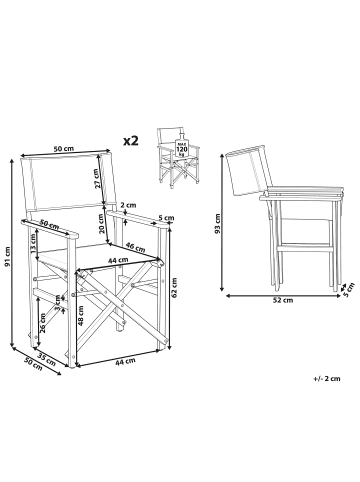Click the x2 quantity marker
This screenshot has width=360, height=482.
coord(130,142)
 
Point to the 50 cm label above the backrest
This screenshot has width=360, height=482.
coord(64,149)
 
